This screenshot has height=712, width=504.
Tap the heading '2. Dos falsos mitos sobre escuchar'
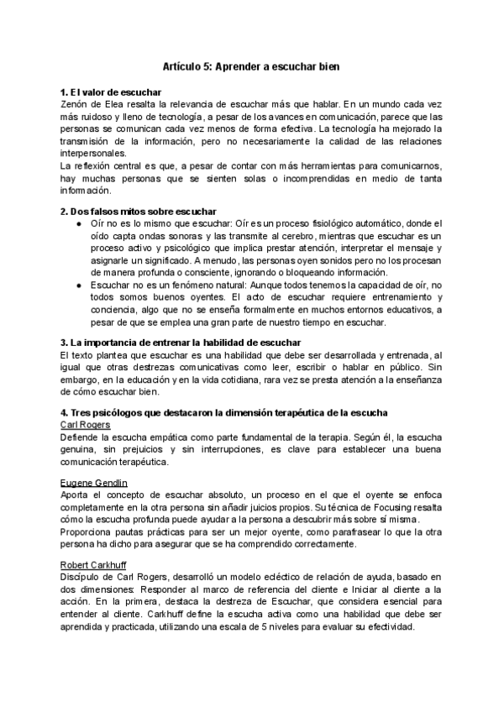click(x=132, y=210)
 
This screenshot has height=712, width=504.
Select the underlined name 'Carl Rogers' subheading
click(x=86, y=425)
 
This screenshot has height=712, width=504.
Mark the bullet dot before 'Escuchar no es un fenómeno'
click(x=78, y=285)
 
